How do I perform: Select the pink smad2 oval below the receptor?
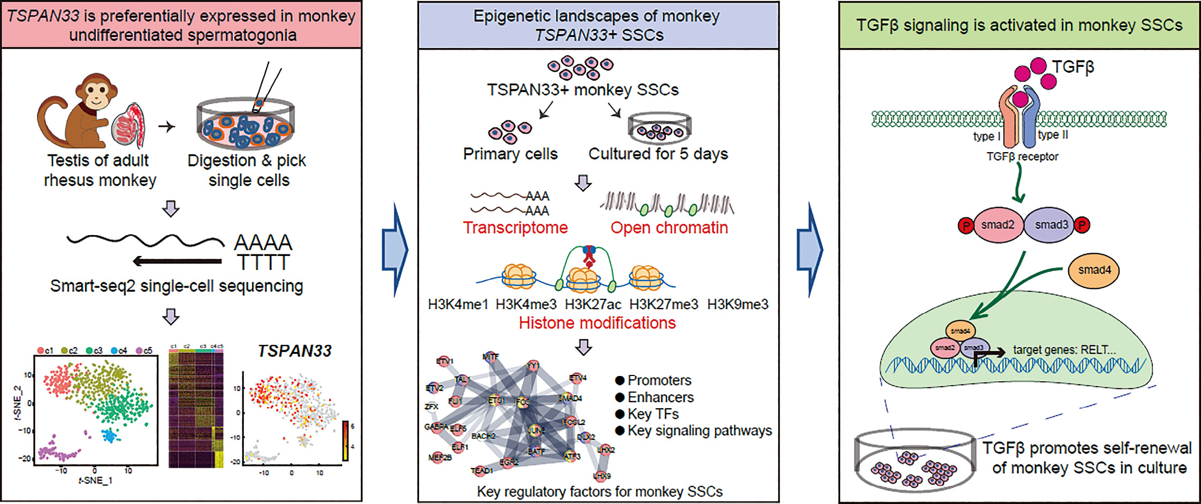(x=998, y=225)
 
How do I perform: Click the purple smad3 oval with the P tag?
(x=1051, y=225)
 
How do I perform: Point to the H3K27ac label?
(x=593, y=305)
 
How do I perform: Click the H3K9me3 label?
(x=738, y=305)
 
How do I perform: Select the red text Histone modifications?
(x=597, y=323)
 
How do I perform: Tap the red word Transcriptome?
(x=515, y=228)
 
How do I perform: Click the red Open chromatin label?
(x=669, y=228)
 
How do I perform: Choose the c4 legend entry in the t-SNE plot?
(x=119, y=351)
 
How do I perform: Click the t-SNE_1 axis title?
(x=95, y=480)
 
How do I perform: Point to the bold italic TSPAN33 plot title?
(x=294, y=351)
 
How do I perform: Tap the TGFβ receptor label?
(x=1022, y=156)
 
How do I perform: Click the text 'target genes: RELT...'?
(x=1064, y=350)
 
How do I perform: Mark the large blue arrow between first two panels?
(x=395, y=250)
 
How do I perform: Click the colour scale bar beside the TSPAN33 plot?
(x=346, y=441)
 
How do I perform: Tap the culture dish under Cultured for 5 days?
(x=659, y=126)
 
